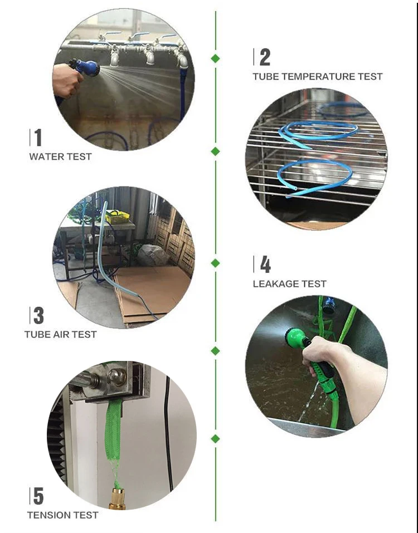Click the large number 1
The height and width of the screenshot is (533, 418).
coord(38,138)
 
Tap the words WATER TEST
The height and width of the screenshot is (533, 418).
coord(61,157)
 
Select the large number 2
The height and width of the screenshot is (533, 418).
coord(265,57)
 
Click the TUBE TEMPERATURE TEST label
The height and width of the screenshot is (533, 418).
coord(318,76)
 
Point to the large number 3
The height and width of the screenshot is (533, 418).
coord(38,315)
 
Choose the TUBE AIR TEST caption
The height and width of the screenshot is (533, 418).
coord(61,335)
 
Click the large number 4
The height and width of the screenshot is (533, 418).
coord(265,265)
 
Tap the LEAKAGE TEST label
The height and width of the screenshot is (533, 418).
coord(289,284)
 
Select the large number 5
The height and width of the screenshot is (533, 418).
coord(38,496)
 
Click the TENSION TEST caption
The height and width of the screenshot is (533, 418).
coord(63,515)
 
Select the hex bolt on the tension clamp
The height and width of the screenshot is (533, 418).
coord(116,377)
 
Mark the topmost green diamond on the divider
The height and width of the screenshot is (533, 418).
coord(215,58)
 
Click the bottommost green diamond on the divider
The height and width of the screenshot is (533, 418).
coord(215,439)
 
